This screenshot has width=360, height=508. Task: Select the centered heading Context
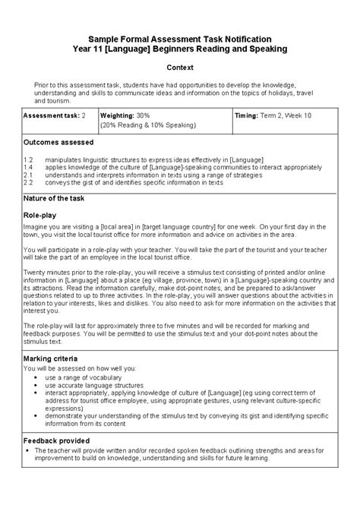[180, 67]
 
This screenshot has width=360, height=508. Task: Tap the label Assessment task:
[51, 115]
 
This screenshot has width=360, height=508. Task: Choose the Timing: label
[249, 115]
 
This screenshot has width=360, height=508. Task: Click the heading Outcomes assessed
[58, 142]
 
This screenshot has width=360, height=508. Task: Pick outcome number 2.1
[29, 175]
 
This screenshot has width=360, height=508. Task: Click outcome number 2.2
[29, 182]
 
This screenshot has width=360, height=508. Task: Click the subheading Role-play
[40, 216]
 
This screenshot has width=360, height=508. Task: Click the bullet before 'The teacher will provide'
[27, 451]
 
